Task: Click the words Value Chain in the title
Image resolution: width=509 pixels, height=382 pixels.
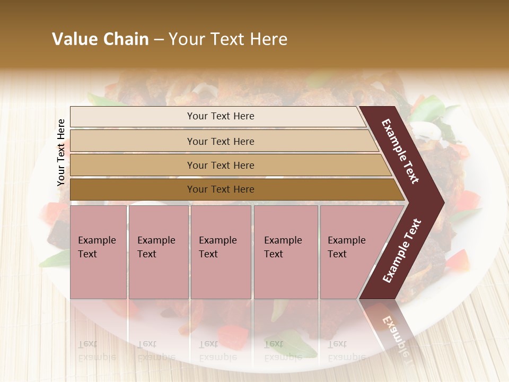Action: coord(100,39)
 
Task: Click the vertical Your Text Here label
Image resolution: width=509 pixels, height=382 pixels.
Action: coord(61,152)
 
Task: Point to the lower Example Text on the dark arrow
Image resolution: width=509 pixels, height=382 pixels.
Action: coord(402,250)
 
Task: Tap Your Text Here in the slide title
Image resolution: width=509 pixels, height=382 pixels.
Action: coord(228,39)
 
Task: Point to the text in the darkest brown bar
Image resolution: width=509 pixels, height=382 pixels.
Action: coord(221,189)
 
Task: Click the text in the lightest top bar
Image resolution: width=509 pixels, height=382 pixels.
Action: coord(221,116)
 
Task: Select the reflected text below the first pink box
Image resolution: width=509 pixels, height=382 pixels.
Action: coord(96,350)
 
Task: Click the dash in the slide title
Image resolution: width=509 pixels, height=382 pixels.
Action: coord(159,40)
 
